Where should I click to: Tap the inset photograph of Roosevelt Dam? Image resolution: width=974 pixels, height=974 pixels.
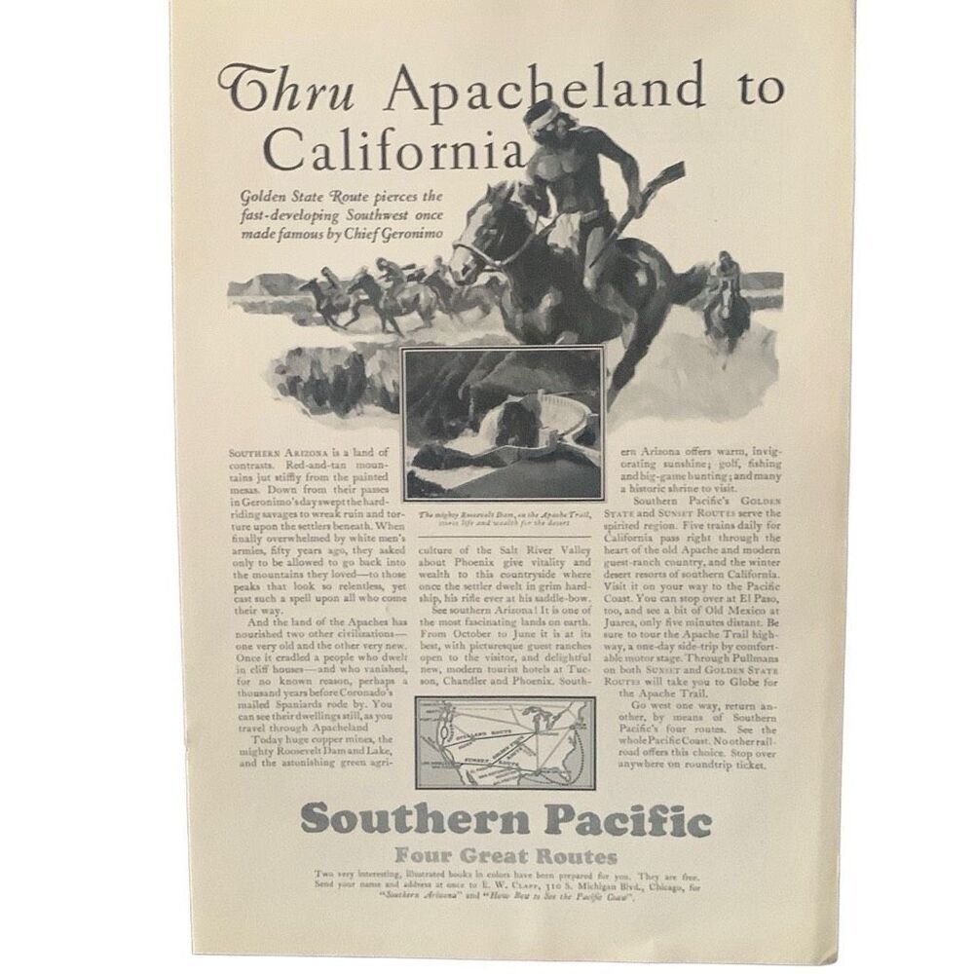503,425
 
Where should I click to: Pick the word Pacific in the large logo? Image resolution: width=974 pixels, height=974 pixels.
628,820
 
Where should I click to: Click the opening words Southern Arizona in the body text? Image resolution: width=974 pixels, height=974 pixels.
269,453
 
